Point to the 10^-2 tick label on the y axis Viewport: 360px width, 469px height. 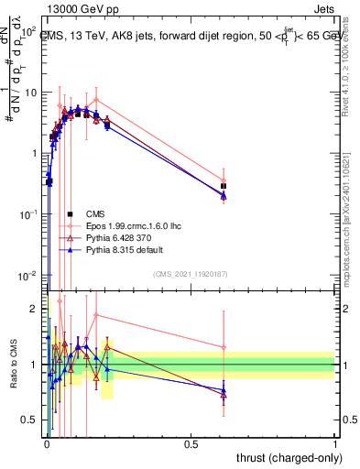28,276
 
